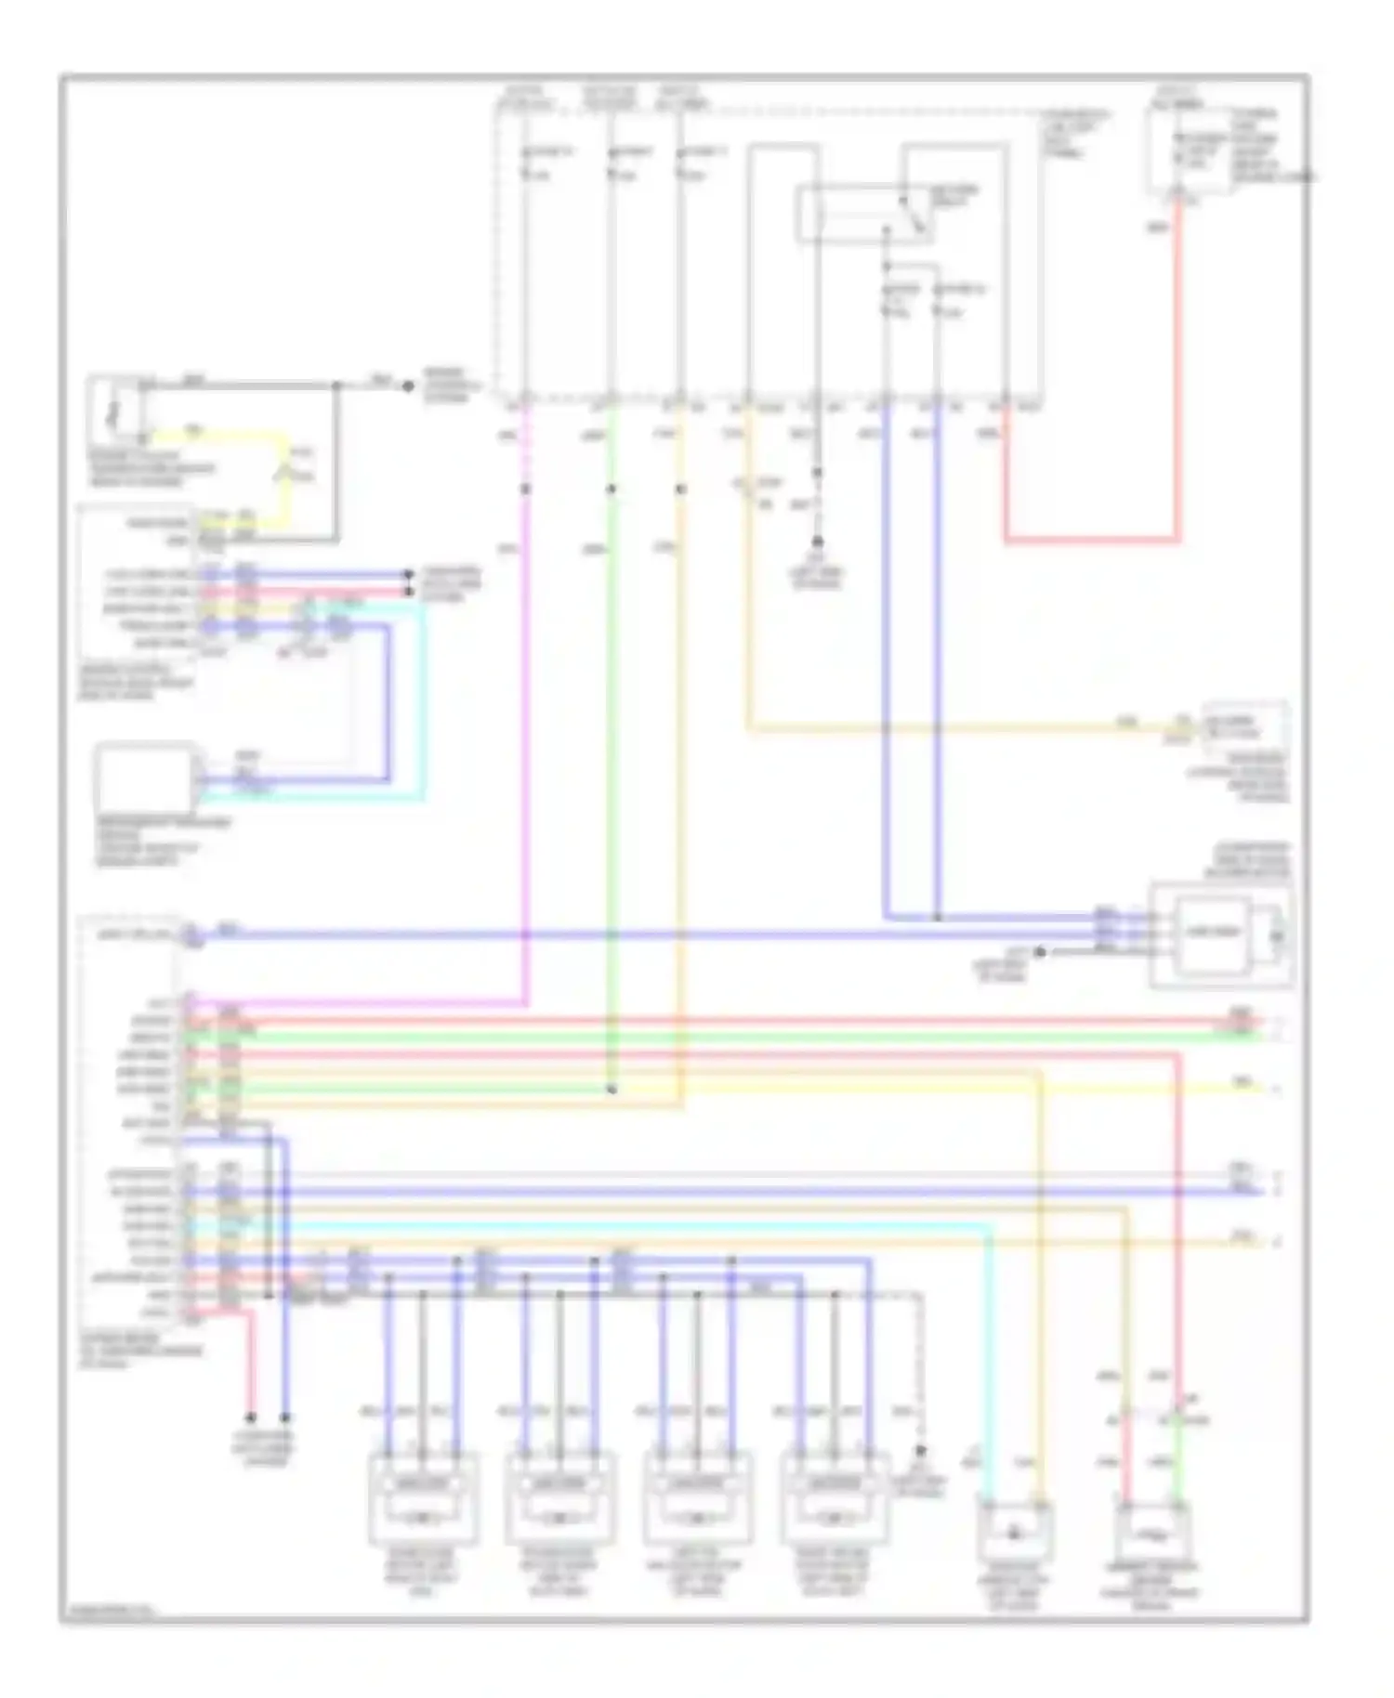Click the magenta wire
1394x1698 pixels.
[x=527, y=743]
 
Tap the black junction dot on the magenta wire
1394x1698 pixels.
[x=526, y=489]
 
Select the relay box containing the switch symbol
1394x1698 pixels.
[x=864, y=213]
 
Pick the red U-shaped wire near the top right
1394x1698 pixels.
[x=1092, y=539]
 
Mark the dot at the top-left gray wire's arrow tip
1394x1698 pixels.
[x=408, y=385]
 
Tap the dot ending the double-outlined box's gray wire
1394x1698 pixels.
[x=1041, y=952]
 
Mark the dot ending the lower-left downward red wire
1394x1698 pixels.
[x=250, y=1418]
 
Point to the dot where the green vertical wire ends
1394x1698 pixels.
[x=611, y=1089]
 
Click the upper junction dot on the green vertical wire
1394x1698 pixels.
[x=611, y=489]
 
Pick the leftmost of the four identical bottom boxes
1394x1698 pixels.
[x=423, y=1500]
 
